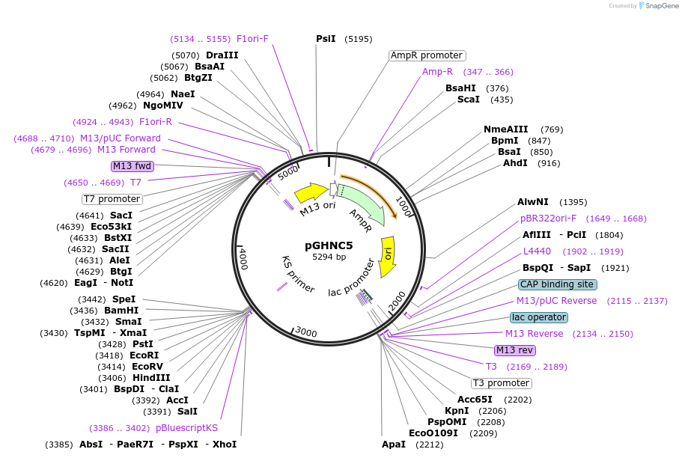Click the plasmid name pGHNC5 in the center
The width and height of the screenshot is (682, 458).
(329, 245)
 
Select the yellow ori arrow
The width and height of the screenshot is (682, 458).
(387, 257)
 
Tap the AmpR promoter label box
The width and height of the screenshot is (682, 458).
(427, 55)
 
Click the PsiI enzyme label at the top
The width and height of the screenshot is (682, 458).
(326, 39)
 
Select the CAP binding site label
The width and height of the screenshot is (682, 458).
(558, 284)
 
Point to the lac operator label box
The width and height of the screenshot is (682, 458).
(539, 317)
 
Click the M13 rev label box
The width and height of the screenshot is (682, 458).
(515, 350)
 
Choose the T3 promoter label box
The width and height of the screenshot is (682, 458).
(502, 383)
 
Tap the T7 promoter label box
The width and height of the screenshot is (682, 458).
(112, 199)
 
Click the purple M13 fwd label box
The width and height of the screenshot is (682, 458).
(132, 165)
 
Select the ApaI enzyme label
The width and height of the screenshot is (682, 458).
(394, 445)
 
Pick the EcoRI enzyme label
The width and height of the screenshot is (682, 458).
(144, 355)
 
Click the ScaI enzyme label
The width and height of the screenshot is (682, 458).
(469, 100)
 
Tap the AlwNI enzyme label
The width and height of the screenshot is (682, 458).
(533, 202)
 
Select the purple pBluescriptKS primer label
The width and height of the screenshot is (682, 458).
(186, 428)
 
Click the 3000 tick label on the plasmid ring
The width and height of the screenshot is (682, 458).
(306, 332)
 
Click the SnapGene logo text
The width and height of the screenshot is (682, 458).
(659, 6)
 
